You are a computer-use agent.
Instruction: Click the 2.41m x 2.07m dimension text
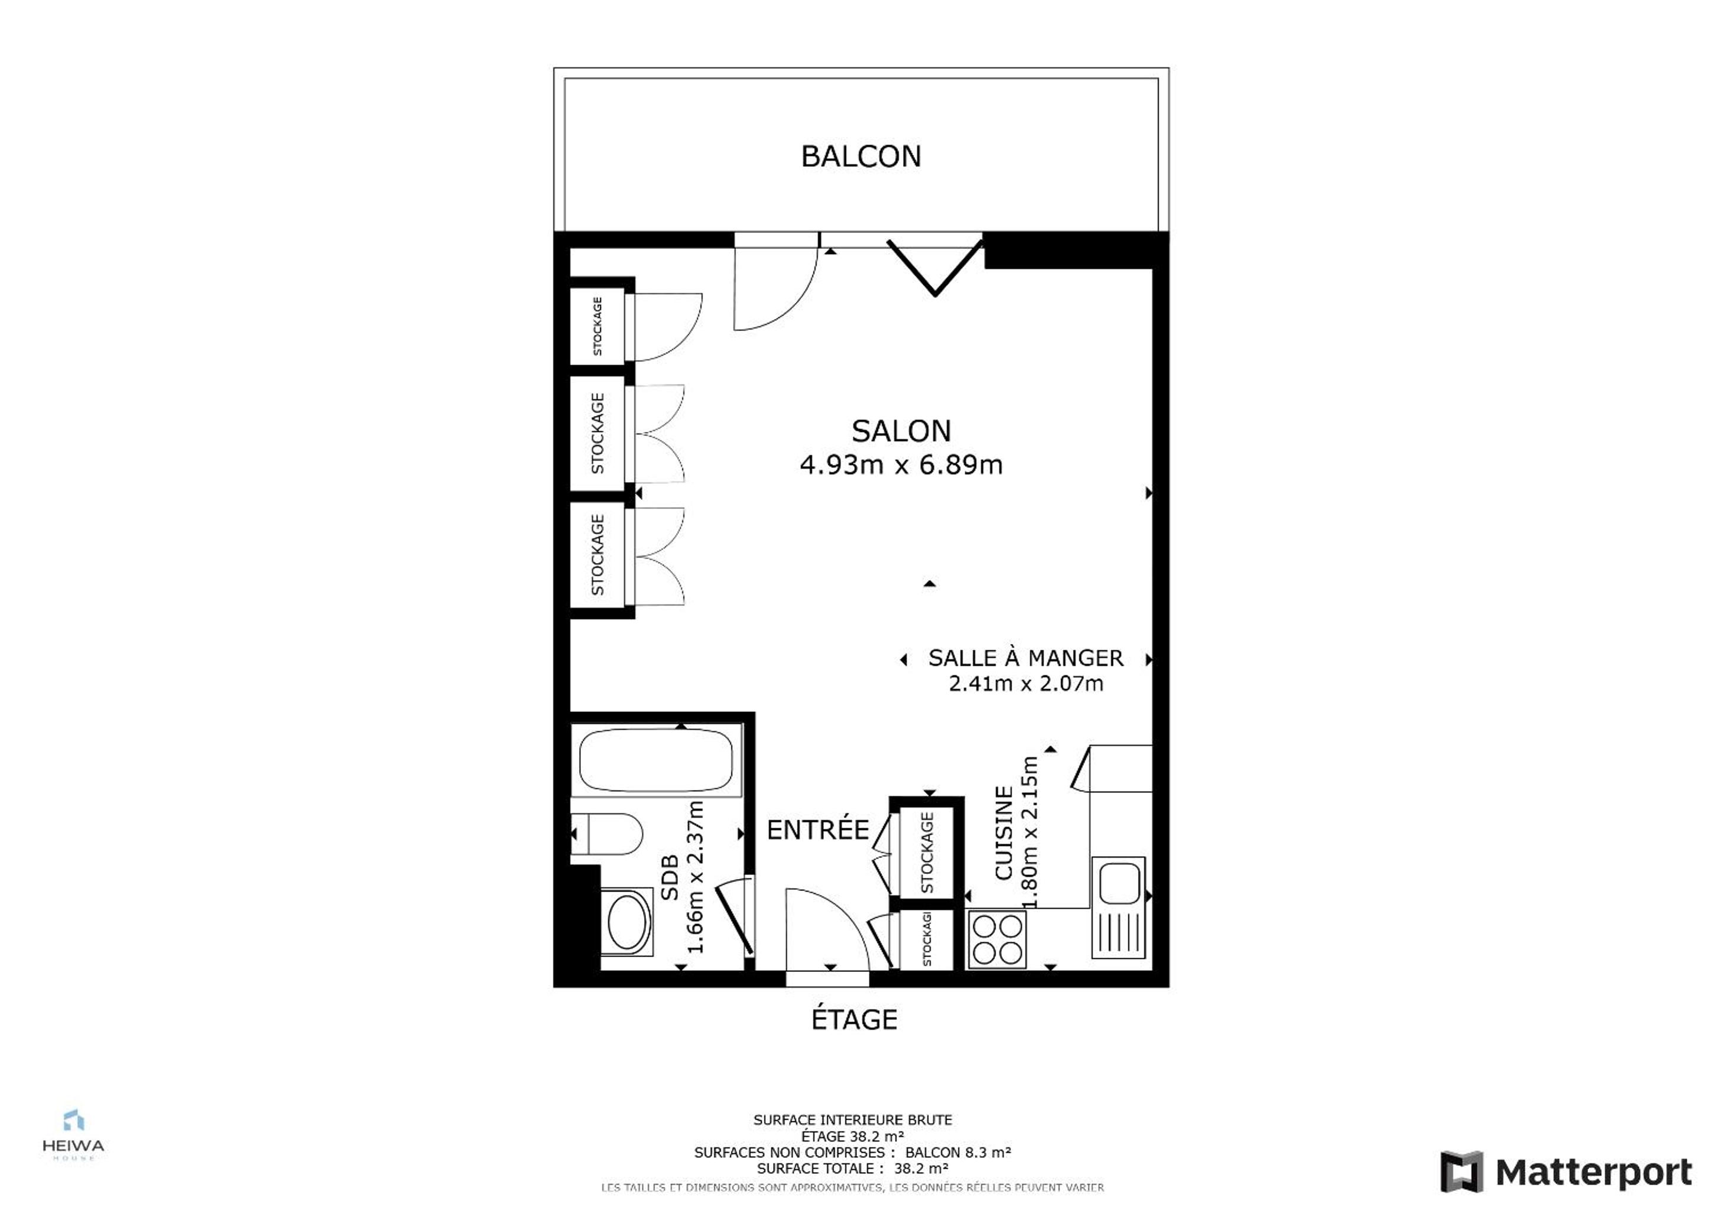[x=1025, y=683]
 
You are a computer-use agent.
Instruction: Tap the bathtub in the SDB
[x=656, y=759]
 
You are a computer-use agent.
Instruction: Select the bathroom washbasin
[x=626, y=922]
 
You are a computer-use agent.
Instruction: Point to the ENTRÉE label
[x=818, y=830]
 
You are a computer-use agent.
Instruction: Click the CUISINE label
[x=1004, y=832]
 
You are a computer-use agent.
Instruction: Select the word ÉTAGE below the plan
[x=854, y=1019]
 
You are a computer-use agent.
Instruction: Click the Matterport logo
[x=1566, y=1172]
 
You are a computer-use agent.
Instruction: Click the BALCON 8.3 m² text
[x=959, y=1153]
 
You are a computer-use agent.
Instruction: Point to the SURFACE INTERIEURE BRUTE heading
[x=852, y=1120]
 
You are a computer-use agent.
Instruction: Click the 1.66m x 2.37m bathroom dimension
[x=694, y=877]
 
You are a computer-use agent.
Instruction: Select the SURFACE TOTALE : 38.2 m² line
[x=852, y=1169]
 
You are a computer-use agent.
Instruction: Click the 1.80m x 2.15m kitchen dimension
[x=1029, y=832]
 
